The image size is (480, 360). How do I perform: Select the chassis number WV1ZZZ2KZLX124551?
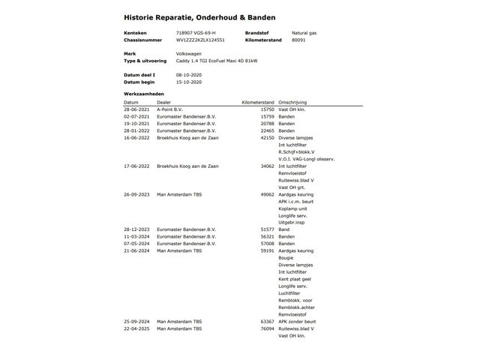[200, 40]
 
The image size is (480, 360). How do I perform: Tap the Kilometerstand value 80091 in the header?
[300, 40]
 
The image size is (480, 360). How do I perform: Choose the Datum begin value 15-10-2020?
[190, 82]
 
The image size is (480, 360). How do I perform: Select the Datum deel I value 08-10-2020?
[190, 76]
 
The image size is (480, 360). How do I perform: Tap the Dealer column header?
[164, 102]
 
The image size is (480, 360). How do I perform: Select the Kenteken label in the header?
[135, 34]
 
